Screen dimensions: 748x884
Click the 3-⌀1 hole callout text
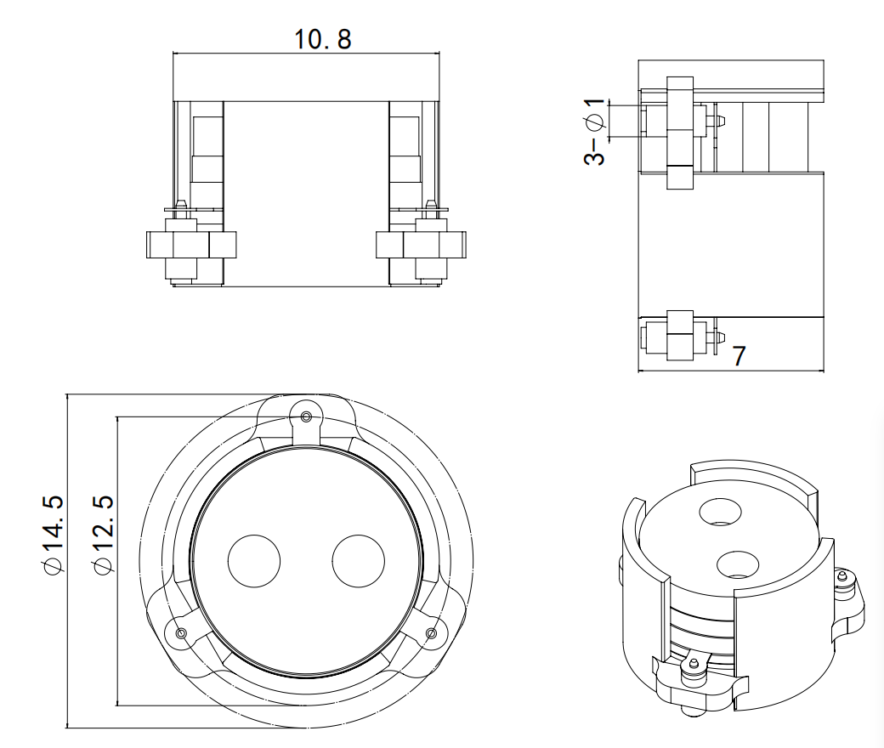(x=595, y=132)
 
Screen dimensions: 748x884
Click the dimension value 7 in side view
(x=739, y=355)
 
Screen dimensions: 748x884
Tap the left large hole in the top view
(x=254, y=561)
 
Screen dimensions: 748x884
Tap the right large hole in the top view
(x=358, y=561)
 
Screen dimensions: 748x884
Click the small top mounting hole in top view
(x=306, y=416)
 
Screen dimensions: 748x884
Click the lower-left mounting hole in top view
(x=180, y=632)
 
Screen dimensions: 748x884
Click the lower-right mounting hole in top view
(x=431, y=632)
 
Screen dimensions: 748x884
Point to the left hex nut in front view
(x=186, y=246)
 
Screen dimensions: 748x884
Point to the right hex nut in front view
(x=422, y=246)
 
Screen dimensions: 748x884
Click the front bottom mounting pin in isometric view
(x=694, y=664)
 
